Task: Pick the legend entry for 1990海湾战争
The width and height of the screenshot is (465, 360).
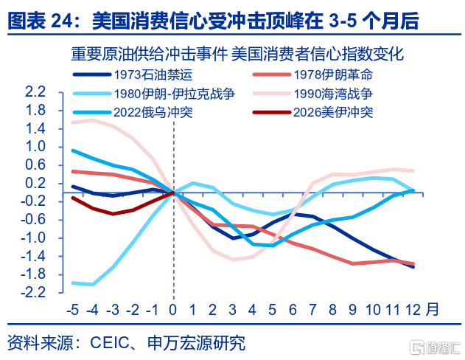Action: [x=332, y=94]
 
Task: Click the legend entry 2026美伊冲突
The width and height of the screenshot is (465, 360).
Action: [x=332, y=113]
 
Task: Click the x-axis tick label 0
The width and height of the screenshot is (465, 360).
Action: [x=173, y=309]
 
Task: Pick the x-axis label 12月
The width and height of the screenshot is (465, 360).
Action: [x=421, y=309]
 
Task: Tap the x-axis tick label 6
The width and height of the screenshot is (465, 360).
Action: [x=293, y=309]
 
